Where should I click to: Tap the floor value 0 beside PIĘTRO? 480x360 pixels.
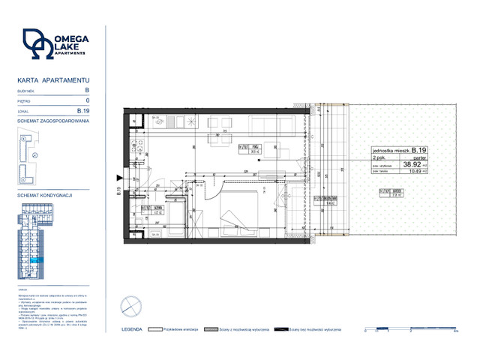[88, 100]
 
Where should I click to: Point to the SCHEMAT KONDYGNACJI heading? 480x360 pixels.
[44, 194]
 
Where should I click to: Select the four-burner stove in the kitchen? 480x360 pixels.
[138, 142]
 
